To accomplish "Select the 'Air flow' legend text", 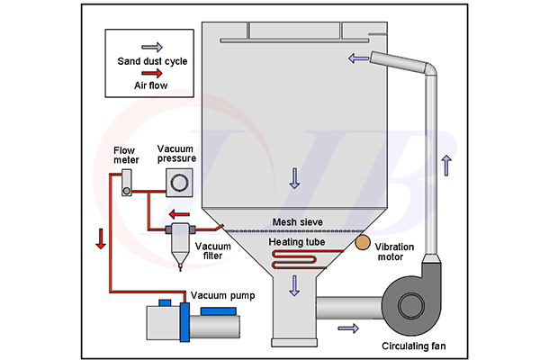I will [149, 86].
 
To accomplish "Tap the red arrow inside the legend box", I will [149, 75].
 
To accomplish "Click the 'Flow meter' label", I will [126, 155].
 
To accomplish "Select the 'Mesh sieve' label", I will [297, 220].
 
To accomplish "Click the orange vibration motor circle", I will [361, 242].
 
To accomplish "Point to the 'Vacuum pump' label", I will [221, 295].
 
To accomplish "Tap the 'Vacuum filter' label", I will [213, 252].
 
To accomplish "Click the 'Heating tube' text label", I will [297, 242].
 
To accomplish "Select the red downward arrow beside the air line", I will [100, 238].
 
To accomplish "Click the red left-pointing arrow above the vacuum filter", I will [177, 215].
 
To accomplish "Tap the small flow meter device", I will [127, 190].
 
